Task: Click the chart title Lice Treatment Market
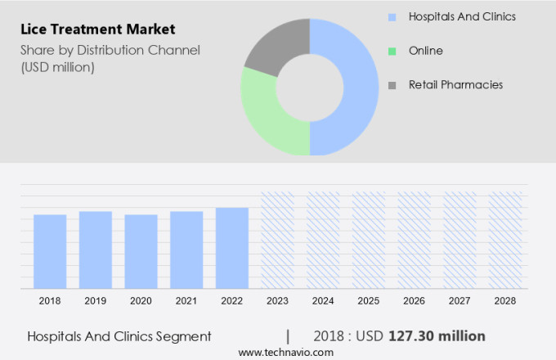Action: (x=97, y=29)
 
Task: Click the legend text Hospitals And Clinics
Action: (x=462, y=16)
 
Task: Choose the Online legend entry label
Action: (x=425, y=51)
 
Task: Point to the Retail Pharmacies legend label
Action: (x=455, y=84)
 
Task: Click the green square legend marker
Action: (x=392, y=51)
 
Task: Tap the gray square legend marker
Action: (x=392, y=85)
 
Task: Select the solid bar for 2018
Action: (x=50, y=251)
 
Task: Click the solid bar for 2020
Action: (x=141, y=251)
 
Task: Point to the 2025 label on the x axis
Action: (x=369, y=301)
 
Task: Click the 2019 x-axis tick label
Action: (x=95, y=301)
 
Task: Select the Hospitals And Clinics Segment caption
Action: (x=119, y=335)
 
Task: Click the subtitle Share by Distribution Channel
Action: (x=110, y=51)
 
